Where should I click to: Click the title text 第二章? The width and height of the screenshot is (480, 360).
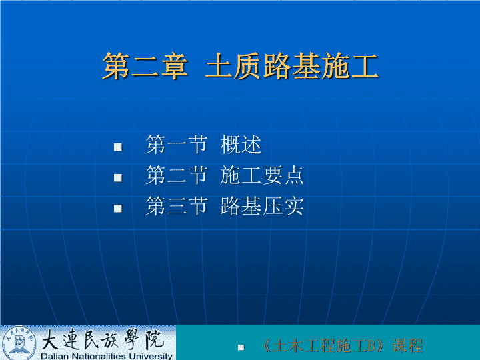[x=145, y=66]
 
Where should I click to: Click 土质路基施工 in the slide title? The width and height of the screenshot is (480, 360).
[x=292, y=66]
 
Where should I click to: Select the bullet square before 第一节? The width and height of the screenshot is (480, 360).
[x=118, y=147]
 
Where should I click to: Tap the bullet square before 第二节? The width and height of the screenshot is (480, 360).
[x=118, y=178]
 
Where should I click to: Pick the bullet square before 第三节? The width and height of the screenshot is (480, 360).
[x=118, y=209]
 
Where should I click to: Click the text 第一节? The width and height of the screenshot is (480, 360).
[x=177, y=145]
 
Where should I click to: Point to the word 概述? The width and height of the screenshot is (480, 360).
[x=241, y=145]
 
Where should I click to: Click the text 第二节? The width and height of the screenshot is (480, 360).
[x=177, y=175]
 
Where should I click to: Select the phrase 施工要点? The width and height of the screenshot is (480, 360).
[x=262, y=175]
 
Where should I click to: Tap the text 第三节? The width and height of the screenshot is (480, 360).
[x=177, y=206]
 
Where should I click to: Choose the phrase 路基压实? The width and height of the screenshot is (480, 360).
[x=262, y=206]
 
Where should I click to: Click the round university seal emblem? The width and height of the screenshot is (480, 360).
[x=19, y=343]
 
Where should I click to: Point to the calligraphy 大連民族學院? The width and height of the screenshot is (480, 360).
[x=102, y=339]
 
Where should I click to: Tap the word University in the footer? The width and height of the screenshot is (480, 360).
[x=150, y=356]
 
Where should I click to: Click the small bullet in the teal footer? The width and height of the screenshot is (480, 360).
[x=241, y=347]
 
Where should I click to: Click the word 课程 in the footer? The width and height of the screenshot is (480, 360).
[x=407, y=345]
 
